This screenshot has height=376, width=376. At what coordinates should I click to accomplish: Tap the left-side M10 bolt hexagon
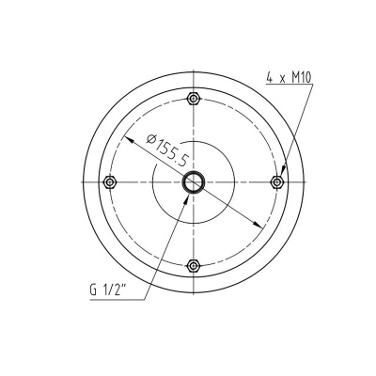[111, 181]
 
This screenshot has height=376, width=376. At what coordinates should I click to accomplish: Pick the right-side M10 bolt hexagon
[276, 181]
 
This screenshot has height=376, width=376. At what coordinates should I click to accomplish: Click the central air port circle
[194, 182]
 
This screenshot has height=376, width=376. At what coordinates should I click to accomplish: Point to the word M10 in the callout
[298, 81]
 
